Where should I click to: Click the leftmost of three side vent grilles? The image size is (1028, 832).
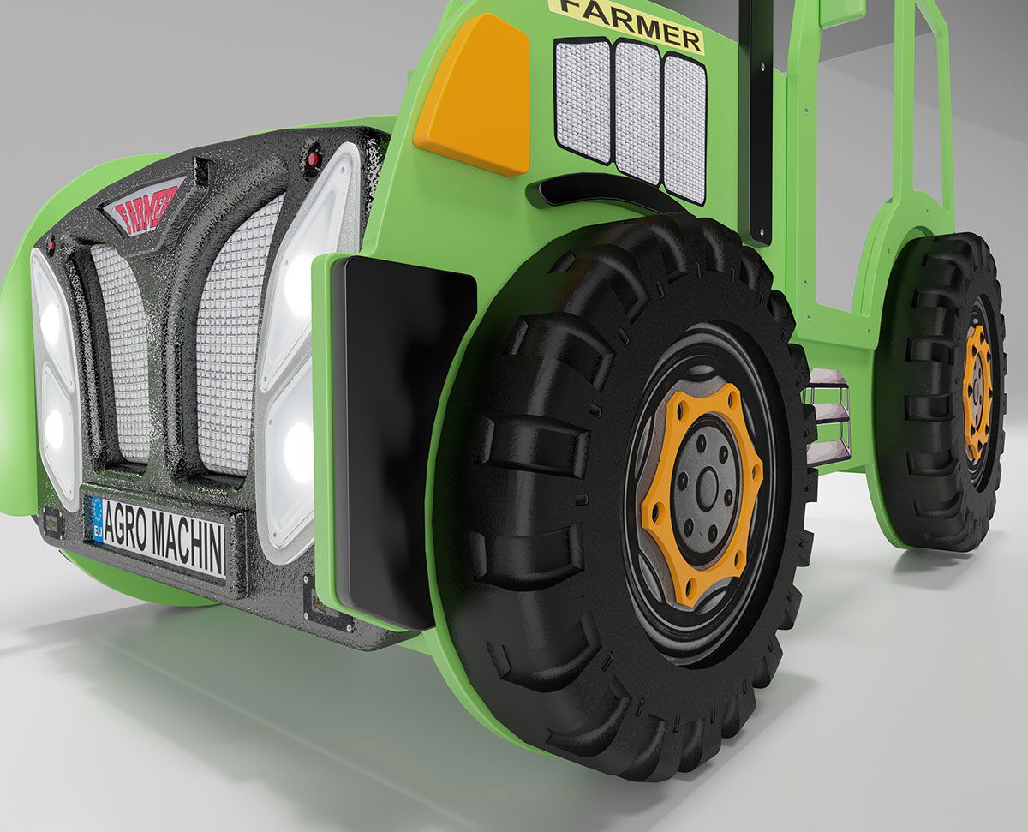[x=583, y=99]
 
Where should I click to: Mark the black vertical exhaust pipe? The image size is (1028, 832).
[x=759, y=120]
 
